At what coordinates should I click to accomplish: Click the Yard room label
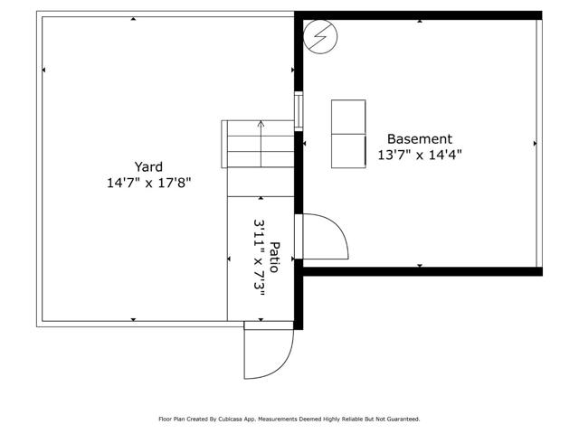[x=148, y=166]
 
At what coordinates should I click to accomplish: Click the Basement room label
[x=419, y=139]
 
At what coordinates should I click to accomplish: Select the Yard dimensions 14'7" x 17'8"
[x=148, y=183]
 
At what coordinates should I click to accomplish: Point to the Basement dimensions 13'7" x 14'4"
[x=419, y=155]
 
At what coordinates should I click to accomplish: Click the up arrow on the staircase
[x=261, y=136]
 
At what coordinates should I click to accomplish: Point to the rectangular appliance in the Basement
[x=348, y=134]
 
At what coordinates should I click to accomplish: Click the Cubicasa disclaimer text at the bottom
[x=289, y=419]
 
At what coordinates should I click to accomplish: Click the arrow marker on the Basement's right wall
[x=536, y=144]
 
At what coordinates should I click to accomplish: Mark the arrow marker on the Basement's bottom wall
[x=421, y=265]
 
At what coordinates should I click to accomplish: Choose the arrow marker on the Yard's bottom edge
[x=134, y=320]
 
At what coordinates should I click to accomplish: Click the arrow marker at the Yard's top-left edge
[x=43, y=70]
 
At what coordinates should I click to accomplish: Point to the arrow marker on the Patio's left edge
[x=229, y=259]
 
